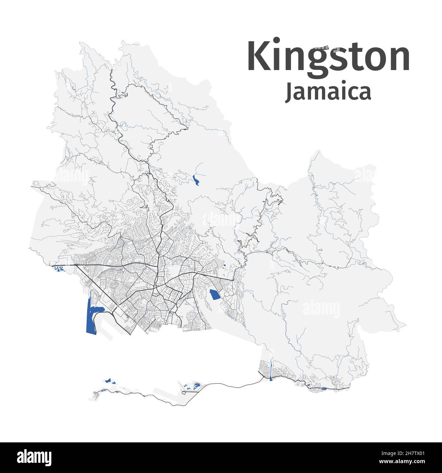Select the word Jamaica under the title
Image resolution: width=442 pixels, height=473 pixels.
pyautogui.click(x=328, y=92)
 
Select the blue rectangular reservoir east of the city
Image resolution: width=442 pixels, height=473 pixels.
pyautogui.click(x=214, y=294)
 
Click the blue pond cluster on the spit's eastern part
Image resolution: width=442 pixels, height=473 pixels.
pyautogui.click(x=195, y=386)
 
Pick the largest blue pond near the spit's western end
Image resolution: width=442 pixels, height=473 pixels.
pyautogui.click(x=108, y=380)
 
